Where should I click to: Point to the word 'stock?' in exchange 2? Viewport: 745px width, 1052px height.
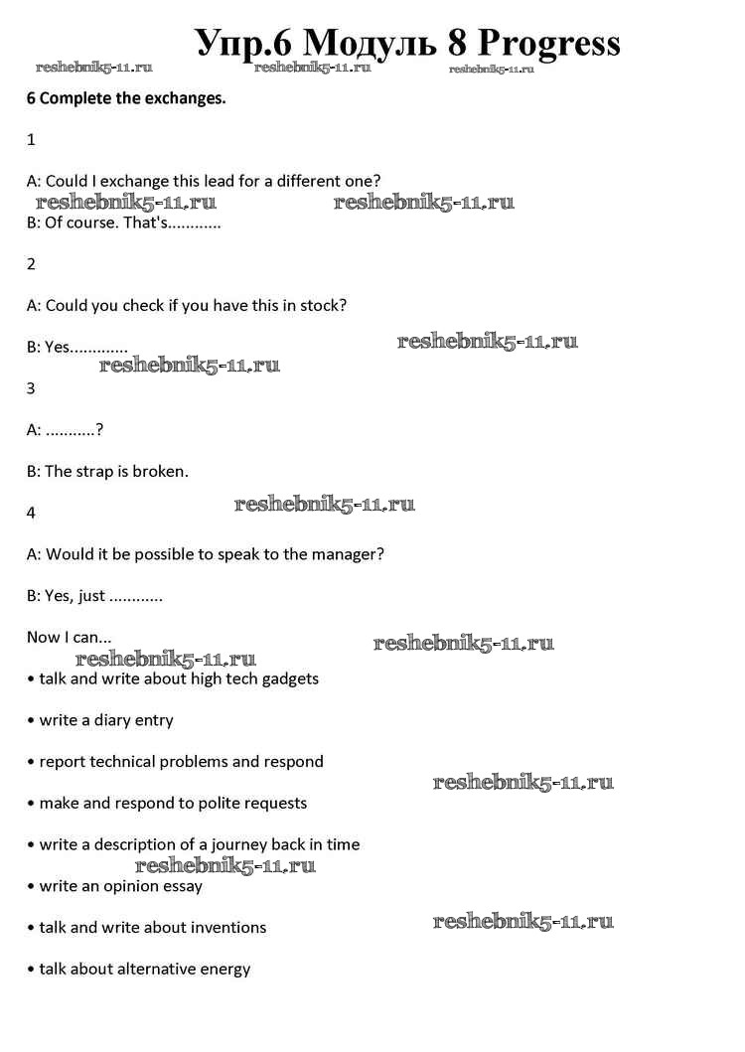(322, 305)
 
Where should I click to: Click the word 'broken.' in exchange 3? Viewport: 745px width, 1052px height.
(160, 471)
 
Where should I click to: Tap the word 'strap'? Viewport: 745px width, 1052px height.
(97, 471)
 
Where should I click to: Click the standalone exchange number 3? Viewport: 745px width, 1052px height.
(31, 388)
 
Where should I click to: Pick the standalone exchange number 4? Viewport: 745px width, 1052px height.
(31, 513)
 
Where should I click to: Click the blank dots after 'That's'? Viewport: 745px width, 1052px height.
(193, 224)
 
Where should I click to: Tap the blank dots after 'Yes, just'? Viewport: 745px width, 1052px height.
(135, 597)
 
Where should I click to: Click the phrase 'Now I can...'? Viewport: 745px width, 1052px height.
(70, 637)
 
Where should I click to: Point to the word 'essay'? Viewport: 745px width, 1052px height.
(182, 885)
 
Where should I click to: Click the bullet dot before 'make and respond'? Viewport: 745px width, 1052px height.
(31, 804)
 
